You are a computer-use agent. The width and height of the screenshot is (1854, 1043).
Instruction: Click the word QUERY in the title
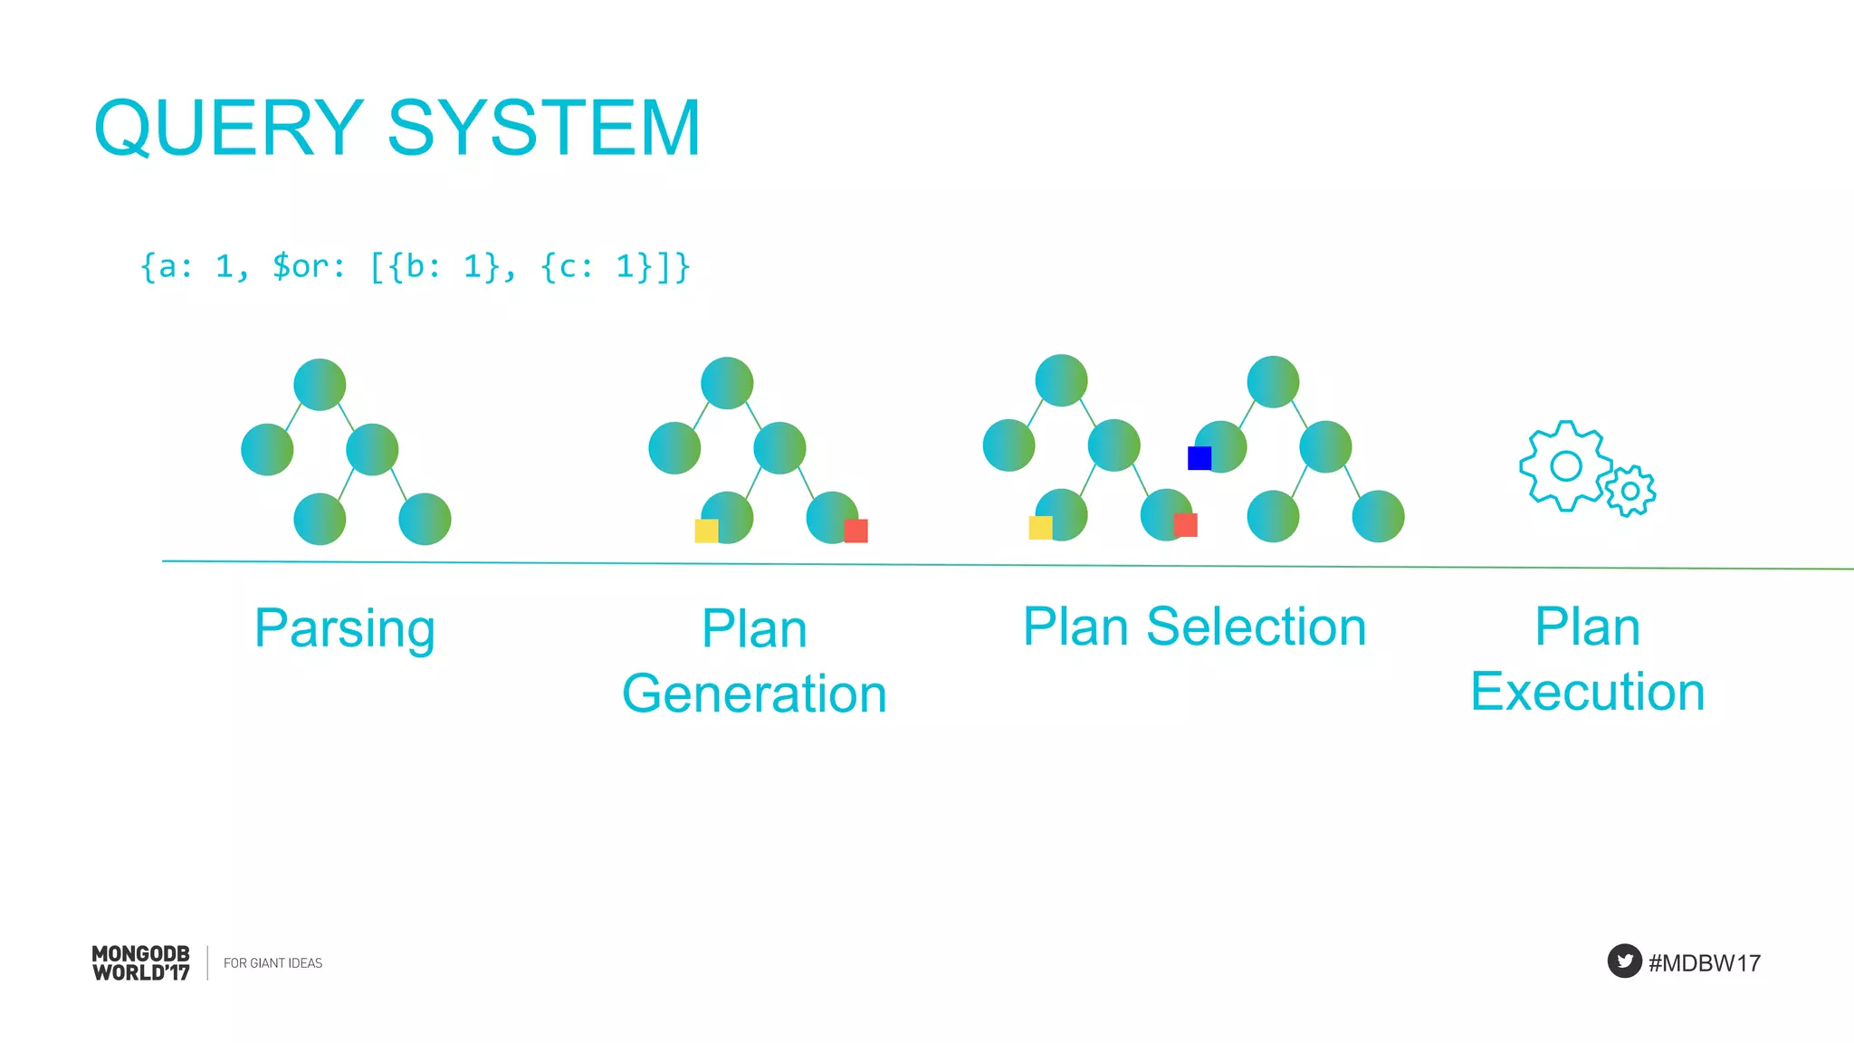coord(229,129)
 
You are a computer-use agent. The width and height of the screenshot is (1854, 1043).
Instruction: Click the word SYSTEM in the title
coord(544,129)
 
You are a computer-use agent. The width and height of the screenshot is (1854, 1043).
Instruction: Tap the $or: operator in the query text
coord(309,266)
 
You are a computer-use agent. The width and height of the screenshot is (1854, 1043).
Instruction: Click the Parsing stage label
coord(345,628)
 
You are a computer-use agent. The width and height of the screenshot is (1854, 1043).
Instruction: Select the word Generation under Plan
coord(754,694)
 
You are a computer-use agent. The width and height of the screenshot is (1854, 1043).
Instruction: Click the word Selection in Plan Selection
coord(1256,627)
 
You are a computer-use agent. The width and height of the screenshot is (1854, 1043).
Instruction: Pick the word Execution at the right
coord(1587,692)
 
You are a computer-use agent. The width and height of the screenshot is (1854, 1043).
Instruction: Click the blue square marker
coord(1199,458)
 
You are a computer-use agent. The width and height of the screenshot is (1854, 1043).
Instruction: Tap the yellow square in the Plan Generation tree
coord(706,531)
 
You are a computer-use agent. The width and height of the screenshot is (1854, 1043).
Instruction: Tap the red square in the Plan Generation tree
coord(855,531)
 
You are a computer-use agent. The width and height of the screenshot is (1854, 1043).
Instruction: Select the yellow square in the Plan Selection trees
coord(1040,527)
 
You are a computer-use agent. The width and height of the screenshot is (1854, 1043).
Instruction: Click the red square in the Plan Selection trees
coord(1185,525)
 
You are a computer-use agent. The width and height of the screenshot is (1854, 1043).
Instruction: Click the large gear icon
coord(1564,466)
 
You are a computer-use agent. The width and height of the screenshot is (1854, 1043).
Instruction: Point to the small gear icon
coord(1630,491)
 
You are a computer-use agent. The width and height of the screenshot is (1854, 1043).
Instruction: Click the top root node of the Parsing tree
coord(320,385)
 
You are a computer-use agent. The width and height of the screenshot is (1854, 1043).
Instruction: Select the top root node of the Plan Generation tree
coord(727,383)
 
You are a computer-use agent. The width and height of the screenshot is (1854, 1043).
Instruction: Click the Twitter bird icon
coord(1624,961)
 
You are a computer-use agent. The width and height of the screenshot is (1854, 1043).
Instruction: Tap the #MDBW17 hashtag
coord(1704,962)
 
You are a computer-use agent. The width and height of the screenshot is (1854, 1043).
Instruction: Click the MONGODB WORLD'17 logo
coord(141,963)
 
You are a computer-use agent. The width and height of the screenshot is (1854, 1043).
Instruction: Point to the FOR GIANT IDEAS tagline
coord(272,963)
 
